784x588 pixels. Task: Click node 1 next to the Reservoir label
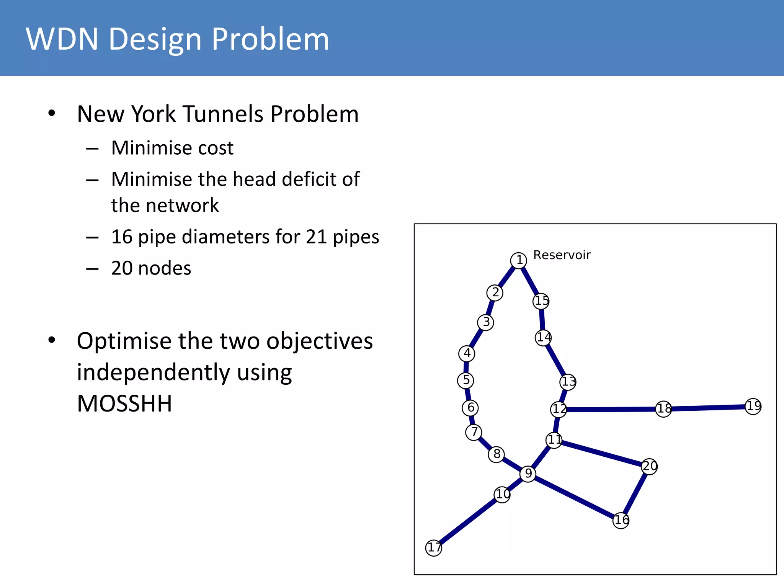tap(518, 260)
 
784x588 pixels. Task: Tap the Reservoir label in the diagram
tap(562, 255)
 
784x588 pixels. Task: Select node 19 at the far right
tap(753, 406)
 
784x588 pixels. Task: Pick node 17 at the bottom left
tap(434, 548)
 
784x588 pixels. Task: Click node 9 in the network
tap(528, 474)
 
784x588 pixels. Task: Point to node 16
tap(621, 520)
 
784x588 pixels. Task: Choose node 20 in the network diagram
tap(649, 466)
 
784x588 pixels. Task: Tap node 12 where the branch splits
tap(559, 409)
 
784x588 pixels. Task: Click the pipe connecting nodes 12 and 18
tap(611, 409)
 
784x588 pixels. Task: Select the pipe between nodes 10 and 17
tap(468, 521)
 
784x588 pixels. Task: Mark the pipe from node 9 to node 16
tap(574, 497)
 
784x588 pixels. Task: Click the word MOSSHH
tap(124, 403)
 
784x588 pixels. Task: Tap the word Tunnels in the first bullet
tap(223, 114)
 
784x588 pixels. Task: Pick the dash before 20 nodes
tap(92, 269)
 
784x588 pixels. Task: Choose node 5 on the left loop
tap(465, 380)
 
